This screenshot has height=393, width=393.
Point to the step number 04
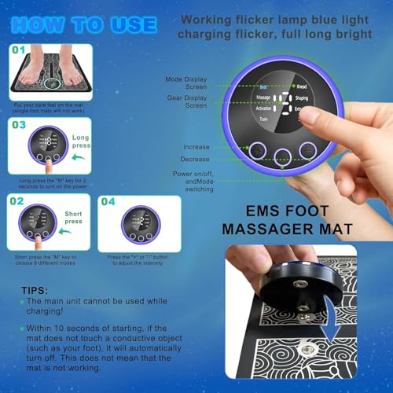(x=108, y=201)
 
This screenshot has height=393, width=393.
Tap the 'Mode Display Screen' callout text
(x=186, y=84)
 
